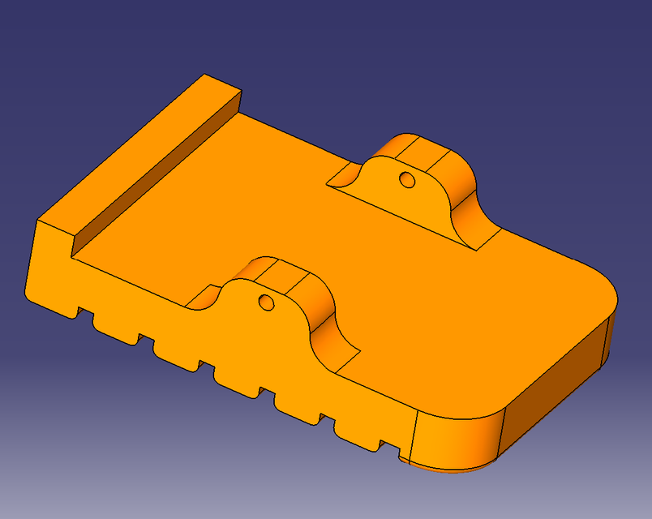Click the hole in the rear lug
[407, 178]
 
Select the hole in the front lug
[265, 302]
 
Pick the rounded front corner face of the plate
[458, 438]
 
